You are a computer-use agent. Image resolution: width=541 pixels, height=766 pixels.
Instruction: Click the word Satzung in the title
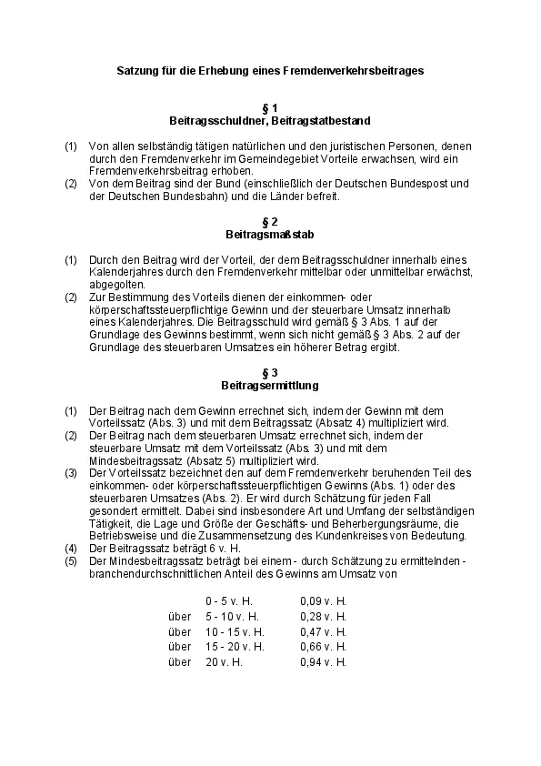pyautogui.click(x=138, y=69)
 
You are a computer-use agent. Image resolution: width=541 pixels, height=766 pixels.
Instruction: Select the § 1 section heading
pyautogui.click(x=270, y=108)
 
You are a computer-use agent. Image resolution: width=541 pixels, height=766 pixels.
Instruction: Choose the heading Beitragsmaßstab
pyautogui.click(x=270, y=234)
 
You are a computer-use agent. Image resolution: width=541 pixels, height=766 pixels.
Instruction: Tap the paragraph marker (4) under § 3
pyautogui.click(x=71, y=549)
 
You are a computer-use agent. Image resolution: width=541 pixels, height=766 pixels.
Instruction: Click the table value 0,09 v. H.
pyautogui.click(x=324, y=601)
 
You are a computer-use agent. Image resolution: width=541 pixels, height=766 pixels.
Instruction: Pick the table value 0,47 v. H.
pyautogui.click(x=324, y=631)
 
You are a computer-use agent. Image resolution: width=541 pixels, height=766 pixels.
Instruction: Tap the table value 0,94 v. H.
pyautogui.click(x=324, y=661)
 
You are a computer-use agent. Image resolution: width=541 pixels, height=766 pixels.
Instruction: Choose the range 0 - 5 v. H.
pyautogui.click(x=229, y=601)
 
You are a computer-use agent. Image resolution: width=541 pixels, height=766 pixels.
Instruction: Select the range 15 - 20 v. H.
pyautogui.click(x=235, y=646)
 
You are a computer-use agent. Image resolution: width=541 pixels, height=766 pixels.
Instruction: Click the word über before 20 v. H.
pyautogui.click(x=180, y=661)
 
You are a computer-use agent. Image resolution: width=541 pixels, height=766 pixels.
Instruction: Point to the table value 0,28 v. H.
pyautogui.click(x=324, y=616)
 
